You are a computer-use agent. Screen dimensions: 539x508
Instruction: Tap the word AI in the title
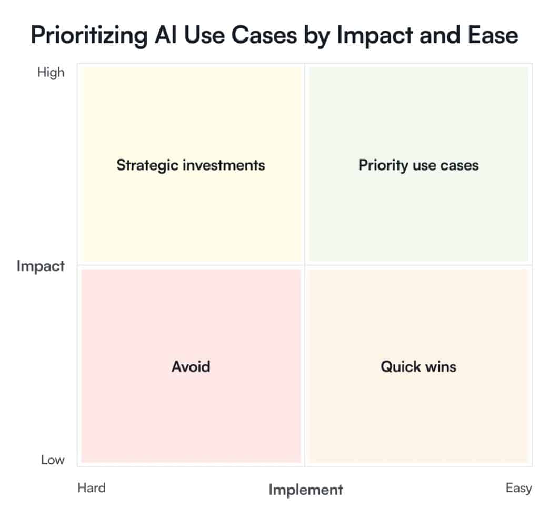pyautogui.click(x=166, y=35)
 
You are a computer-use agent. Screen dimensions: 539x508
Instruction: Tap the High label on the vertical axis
pyautogui.click(x=51, y=73)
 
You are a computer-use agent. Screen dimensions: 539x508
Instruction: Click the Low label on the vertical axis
pyautogui.click(x=53, y=460)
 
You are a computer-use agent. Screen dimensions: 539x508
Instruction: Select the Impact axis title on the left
pyautogui.click(x=41, y=266)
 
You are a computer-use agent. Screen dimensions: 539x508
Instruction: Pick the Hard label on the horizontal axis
pyautogui.click(x=92, y=487)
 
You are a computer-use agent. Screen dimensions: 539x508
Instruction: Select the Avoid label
pyautogui.click(x=191, y=366)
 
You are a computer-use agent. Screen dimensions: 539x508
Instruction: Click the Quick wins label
pyautogui.click(x=418, y=367)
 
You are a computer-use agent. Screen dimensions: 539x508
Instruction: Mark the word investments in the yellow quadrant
pyautogui.click(x=224, y=165)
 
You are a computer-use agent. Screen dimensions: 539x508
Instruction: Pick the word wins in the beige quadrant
pyautogui.click(x=441, y=367)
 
